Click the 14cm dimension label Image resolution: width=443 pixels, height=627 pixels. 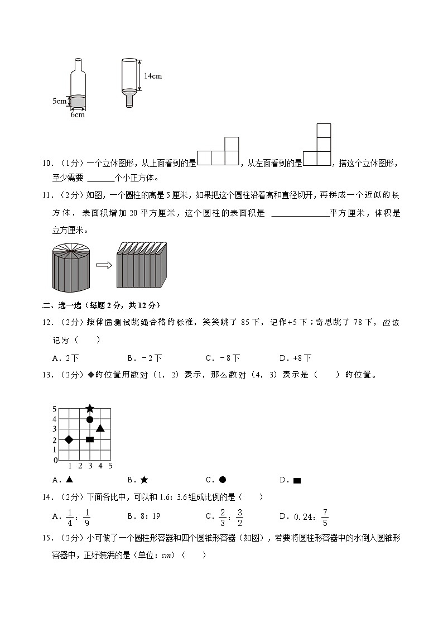click(x=152, y=76)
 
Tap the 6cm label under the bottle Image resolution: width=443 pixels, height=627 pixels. click(x=78, y=115)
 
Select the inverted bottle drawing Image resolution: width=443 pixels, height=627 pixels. click(x=129, y=81)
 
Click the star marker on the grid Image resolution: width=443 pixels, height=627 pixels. click(x=90, y=409)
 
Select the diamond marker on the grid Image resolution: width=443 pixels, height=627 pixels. click(x=69, y=440)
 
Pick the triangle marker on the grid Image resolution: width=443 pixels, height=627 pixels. click(x=100, y=428)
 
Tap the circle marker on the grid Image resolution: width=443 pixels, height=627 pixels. click(x=90, y=419)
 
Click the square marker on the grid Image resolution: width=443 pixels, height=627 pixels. click(x=90, y=440)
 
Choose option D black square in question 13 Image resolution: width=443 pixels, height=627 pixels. click(x=297, y=480)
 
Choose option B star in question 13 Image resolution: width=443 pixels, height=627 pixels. click(x=144, y=480)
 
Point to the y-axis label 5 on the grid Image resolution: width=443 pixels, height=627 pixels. click(x=55, y=408)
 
